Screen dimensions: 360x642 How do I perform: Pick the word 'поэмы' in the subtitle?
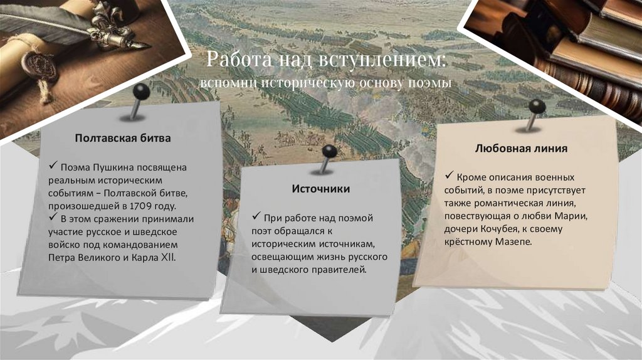tap(435, 83)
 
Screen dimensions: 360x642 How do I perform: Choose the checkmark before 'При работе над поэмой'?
tap(256, 217)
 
